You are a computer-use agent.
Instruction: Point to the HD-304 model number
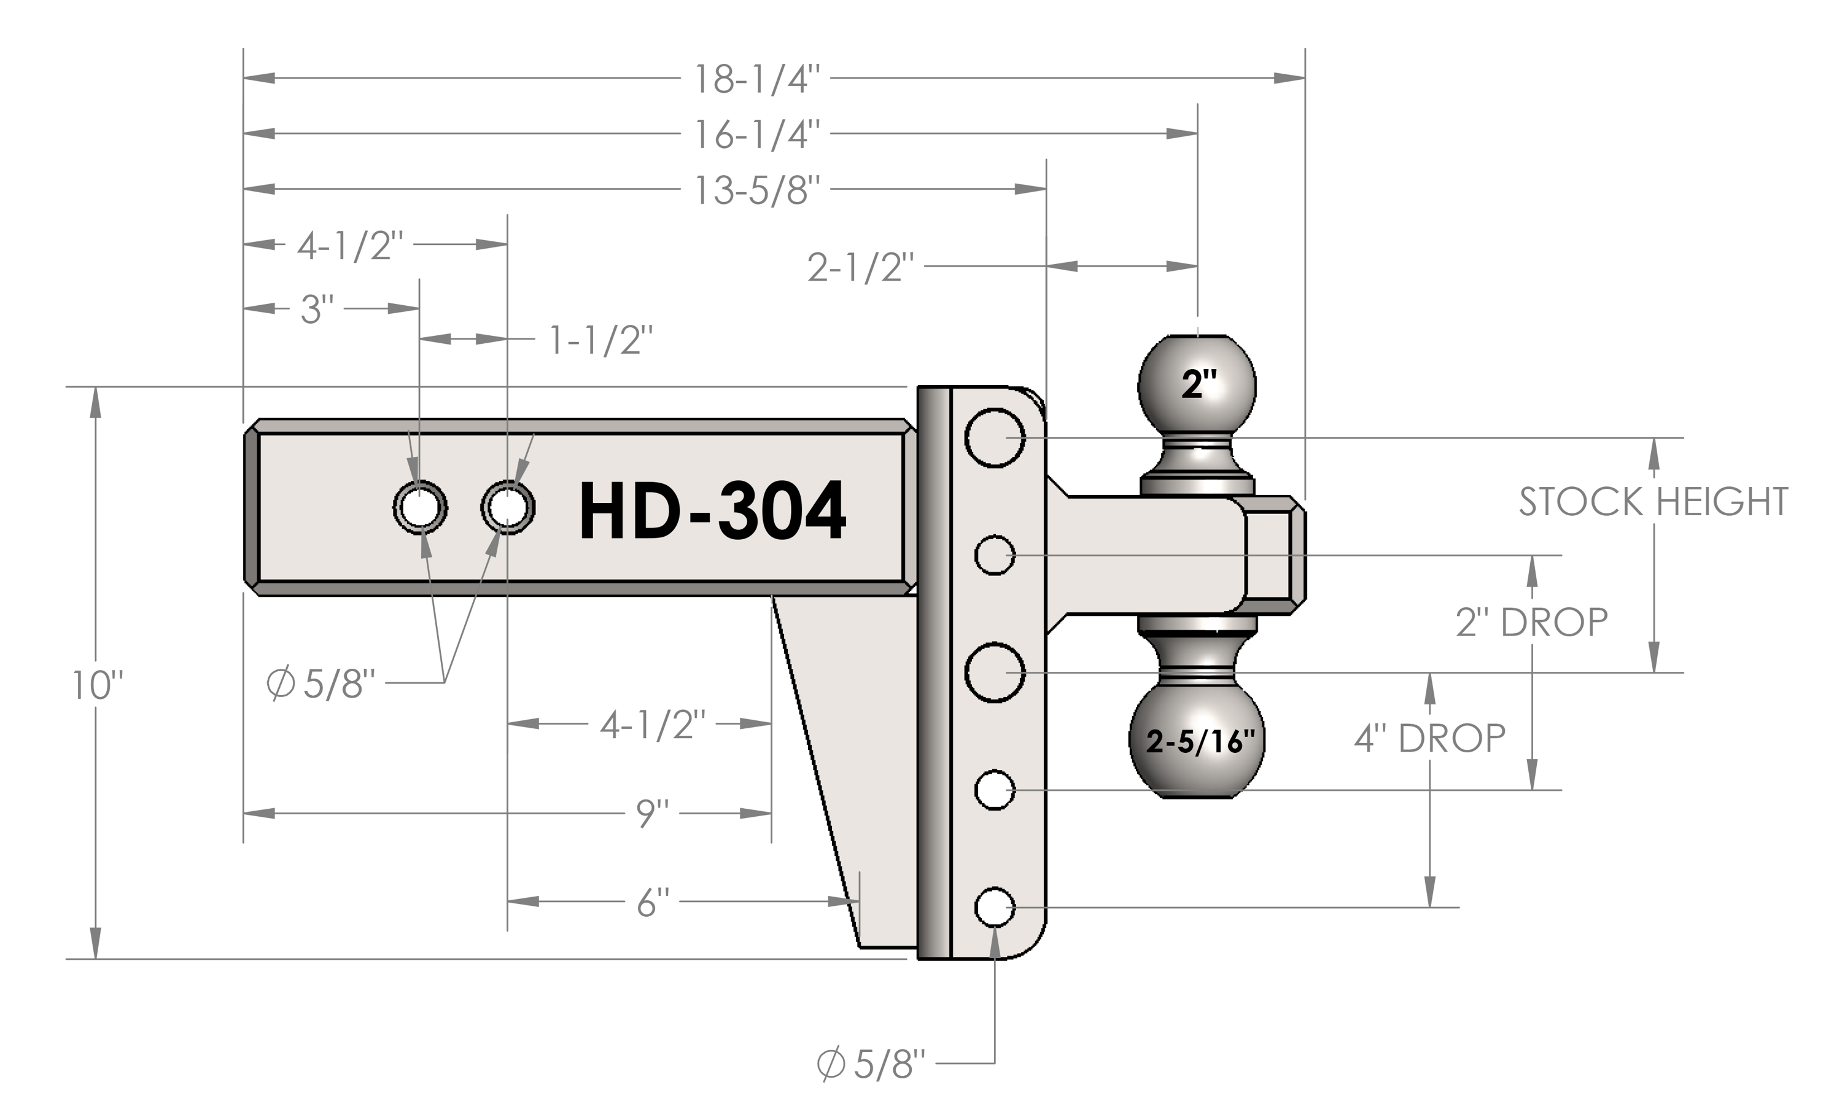712,510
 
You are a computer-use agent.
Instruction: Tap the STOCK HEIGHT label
1654,502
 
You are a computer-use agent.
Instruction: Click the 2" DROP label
1531,622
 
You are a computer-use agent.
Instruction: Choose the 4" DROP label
1429,738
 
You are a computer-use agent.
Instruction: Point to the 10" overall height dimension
97,685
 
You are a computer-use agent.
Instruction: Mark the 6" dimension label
653,903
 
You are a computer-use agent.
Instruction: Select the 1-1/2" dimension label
600,340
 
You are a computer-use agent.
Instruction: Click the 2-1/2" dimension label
860,267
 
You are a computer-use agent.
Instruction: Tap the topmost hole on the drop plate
995,438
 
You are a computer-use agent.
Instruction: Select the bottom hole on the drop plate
995,907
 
